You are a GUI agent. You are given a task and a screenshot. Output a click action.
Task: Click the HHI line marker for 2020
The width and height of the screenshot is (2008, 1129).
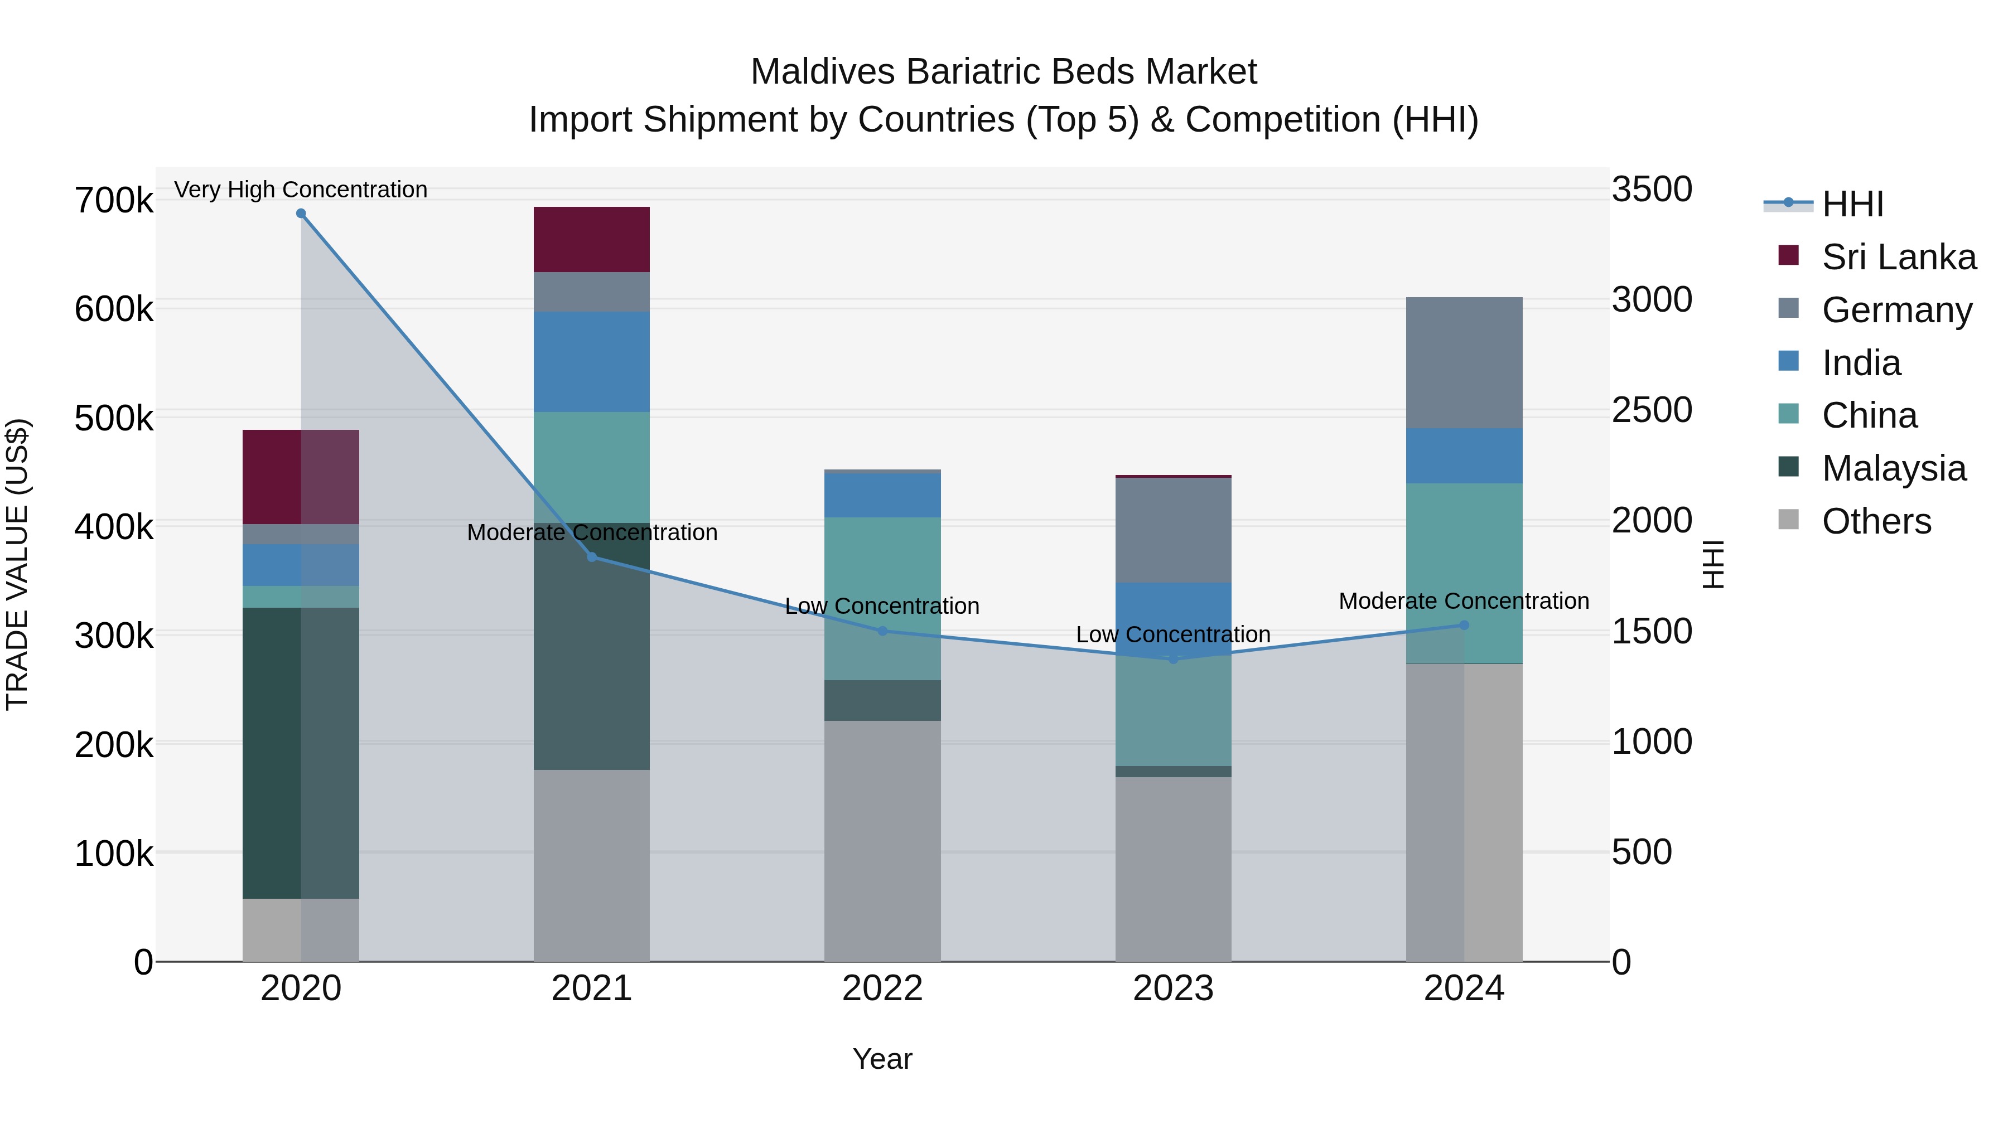301,214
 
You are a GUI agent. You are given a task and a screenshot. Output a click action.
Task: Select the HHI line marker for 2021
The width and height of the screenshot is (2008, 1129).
592,557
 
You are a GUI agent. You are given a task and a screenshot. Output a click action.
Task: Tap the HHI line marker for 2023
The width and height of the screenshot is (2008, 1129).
1173,659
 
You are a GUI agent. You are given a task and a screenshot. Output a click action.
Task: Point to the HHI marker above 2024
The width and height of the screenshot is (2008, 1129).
1464,625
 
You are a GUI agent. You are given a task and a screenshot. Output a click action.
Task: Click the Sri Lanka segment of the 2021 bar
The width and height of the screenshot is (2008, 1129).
592,239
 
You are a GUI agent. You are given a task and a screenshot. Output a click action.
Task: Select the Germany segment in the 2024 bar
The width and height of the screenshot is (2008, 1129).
1464,362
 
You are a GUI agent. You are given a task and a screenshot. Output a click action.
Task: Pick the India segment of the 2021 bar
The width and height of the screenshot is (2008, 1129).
592,361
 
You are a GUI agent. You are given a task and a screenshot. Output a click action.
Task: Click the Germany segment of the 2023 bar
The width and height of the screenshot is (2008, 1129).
1173,530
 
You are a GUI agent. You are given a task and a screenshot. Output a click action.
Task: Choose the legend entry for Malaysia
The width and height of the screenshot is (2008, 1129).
1894,468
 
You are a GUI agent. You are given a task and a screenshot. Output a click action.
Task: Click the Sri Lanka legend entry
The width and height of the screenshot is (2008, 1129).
1899,257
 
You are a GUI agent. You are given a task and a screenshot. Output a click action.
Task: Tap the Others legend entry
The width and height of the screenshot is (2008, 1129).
1876,521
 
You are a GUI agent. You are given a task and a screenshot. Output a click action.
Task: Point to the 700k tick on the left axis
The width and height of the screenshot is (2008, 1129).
114,200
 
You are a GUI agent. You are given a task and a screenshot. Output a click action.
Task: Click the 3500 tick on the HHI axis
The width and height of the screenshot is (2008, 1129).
1652,190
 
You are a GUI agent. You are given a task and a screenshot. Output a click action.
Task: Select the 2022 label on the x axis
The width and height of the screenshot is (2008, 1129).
882,989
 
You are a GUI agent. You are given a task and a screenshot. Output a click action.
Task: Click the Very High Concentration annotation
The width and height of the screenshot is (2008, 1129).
301,190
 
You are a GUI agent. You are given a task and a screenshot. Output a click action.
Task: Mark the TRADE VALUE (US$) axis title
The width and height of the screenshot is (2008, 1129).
17,564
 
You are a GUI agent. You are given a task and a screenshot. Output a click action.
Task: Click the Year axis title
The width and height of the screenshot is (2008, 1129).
882,1059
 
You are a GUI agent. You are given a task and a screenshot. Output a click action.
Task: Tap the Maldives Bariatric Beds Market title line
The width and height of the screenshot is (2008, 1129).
1003,72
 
